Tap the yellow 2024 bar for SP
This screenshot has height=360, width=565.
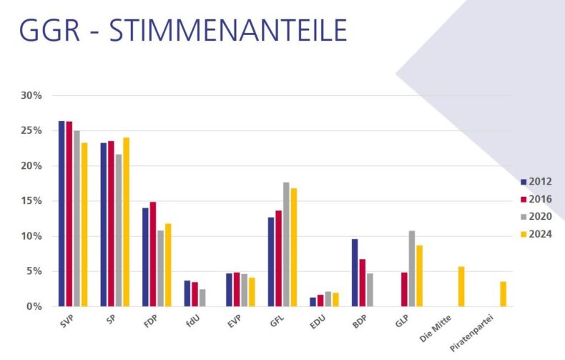coord(126,222)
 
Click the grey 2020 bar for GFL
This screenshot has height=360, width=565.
coord(286,244)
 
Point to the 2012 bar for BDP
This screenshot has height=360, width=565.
coord(354,273)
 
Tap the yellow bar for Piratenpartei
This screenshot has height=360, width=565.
coord(503,294)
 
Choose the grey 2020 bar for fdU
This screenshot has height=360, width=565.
coord(202,298)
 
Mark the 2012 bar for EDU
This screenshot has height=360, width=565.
coord(313,302)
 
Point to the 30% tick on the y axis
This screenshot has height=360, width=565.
coord(32,95)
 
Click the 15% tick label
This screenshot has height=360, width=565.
coord(32,201)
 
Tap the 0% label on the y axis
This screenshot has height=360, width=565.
coord(35,306)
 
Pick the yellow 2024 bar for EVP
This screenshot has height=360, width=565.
coord(252,292)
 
